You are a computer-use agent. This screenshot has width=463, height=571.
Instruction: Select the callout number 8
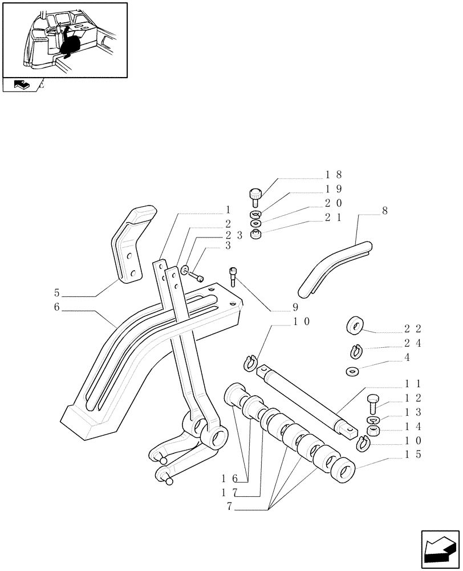click(x=385, y=211)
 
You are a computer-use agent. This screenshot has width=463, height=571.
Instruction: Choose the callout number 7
click(x=230, y=505)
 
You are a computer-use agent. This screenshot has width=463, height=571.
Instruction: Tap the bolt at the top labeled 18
click(x=255, y=196)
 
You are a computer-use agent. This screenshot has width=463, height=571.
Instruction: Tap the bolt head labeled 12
click(x=372, y=401)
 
